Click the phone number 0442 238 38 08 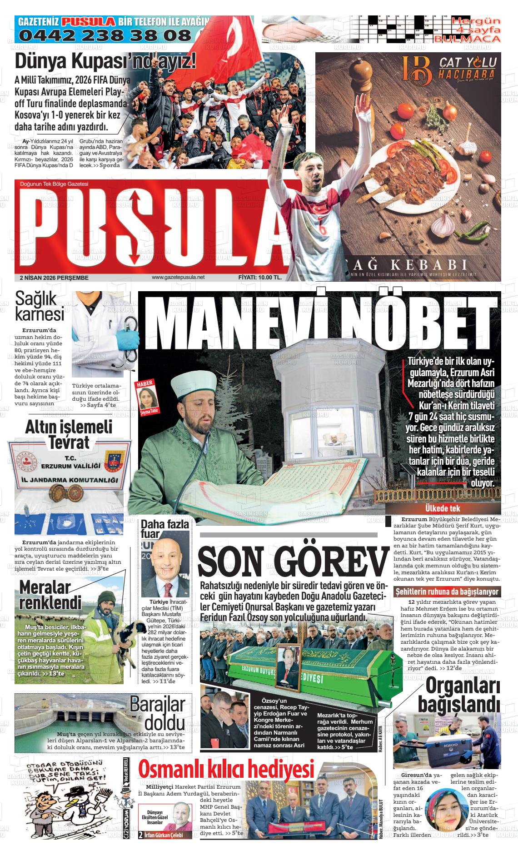point(105,35)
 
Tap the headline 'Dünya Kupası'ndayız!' point(105,61)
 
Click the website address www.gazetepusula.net point(178,277)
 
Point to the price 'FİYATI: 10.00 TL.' point(260,277)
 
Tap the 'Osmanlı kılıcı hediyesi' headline point(226,770)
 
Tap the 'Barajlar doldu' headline point(158,712)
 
